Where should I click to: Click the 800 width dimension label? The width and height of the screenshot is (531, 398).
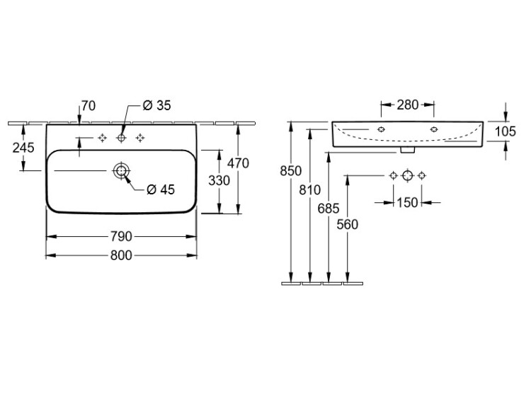coord(121,257)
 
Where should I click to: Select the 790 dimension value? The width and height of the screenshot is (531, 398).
coord(121,236)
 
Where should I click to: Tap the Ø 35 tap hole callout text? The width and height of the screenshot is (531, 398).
coord(157,106)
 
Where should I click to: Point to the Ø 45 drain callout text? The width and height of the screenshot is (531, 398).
coord(161,189)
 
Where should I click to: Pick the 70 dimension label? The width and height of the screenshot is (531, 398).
coord(88,106)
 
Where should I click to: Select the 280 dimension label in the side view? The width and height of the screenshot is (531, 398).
coord(407,106)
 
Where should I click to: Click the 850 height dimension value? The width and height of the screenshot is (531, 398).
coord(291,170)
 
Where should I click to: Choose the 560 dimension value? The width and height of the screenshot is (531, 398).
coord(348,225)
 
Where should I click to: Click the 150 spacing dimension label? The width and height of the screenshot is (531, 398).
coord(407,203)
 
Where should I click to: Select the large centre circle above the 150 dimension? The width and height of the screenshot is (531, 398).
coord(407,175)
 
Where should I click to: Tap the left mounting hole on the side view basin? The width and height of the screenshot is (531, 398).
coord(382,129)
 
